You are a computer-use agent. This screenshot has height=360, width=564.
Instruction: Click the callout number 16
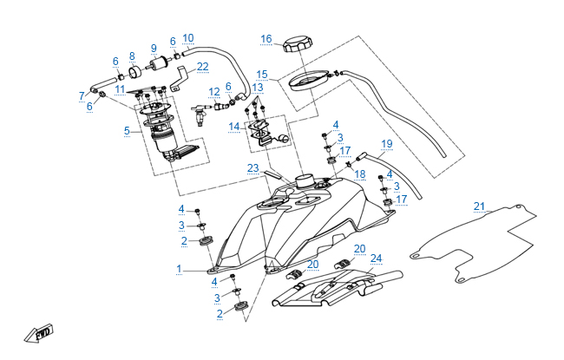tap(266, 38)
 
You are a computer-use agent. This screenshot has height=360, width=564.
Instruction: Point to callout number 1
tap(180, 269)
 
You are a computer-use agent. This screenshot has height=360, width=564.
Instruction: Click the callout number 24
tap(376, 258)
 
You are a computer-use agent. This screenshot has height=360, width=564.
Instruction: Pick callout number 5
tap(127, 131)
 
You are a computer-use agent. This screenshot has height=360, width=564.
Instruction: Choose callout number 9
tap(154, 48)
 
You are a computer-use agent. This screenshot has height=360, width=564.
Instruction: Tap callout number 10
tap(188, 37)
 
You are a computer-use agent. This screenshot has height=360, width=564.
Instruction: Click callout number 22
tap(202, 66)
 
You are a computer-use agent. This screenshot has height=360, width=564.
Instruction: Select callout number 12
tap(213, 91)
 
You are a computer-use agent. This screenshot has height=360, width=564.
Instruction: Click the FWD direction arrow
tap(43, 332)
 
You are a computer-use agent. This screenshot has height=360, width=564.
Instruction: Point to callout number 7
tap(82, 95)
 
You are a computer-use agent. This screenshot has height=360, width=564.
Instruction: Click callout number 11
tap(120, 88)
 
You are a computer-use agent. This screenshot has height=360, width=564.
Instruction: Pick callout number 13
tap(258, 88)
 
